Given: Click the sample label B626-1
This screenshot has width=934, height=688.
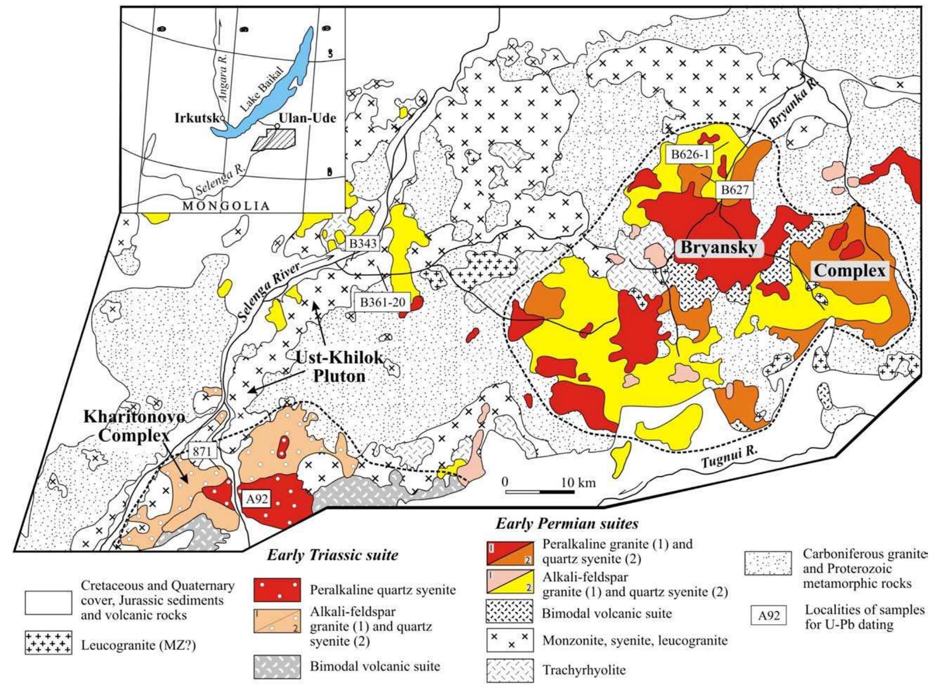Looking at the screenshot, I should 690,154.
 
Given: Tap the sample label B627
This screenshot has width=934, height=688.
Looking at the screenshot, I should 735,190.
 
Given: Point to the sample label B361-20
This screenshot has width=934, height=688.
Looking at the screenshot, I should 382,302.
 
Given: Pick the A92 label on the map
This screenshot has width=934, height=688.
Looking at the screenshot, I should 257,499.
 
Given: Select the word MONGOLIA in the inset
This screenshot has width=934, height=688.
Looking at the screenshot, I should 226,206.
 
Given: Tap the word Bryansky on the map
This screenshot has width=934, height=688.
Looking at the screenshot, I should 719,247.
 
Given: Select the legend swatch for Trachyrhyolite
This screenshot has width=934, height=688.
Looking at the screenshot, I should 510,671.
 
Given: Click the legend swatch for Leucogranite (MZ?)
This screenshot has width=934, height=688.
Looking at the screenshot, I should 49,643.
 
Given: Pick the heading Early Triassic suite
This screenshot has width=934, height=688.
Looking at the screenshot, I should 332,556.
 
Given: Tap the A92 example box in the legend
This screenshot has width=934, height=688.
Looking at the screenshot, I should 768,616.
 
